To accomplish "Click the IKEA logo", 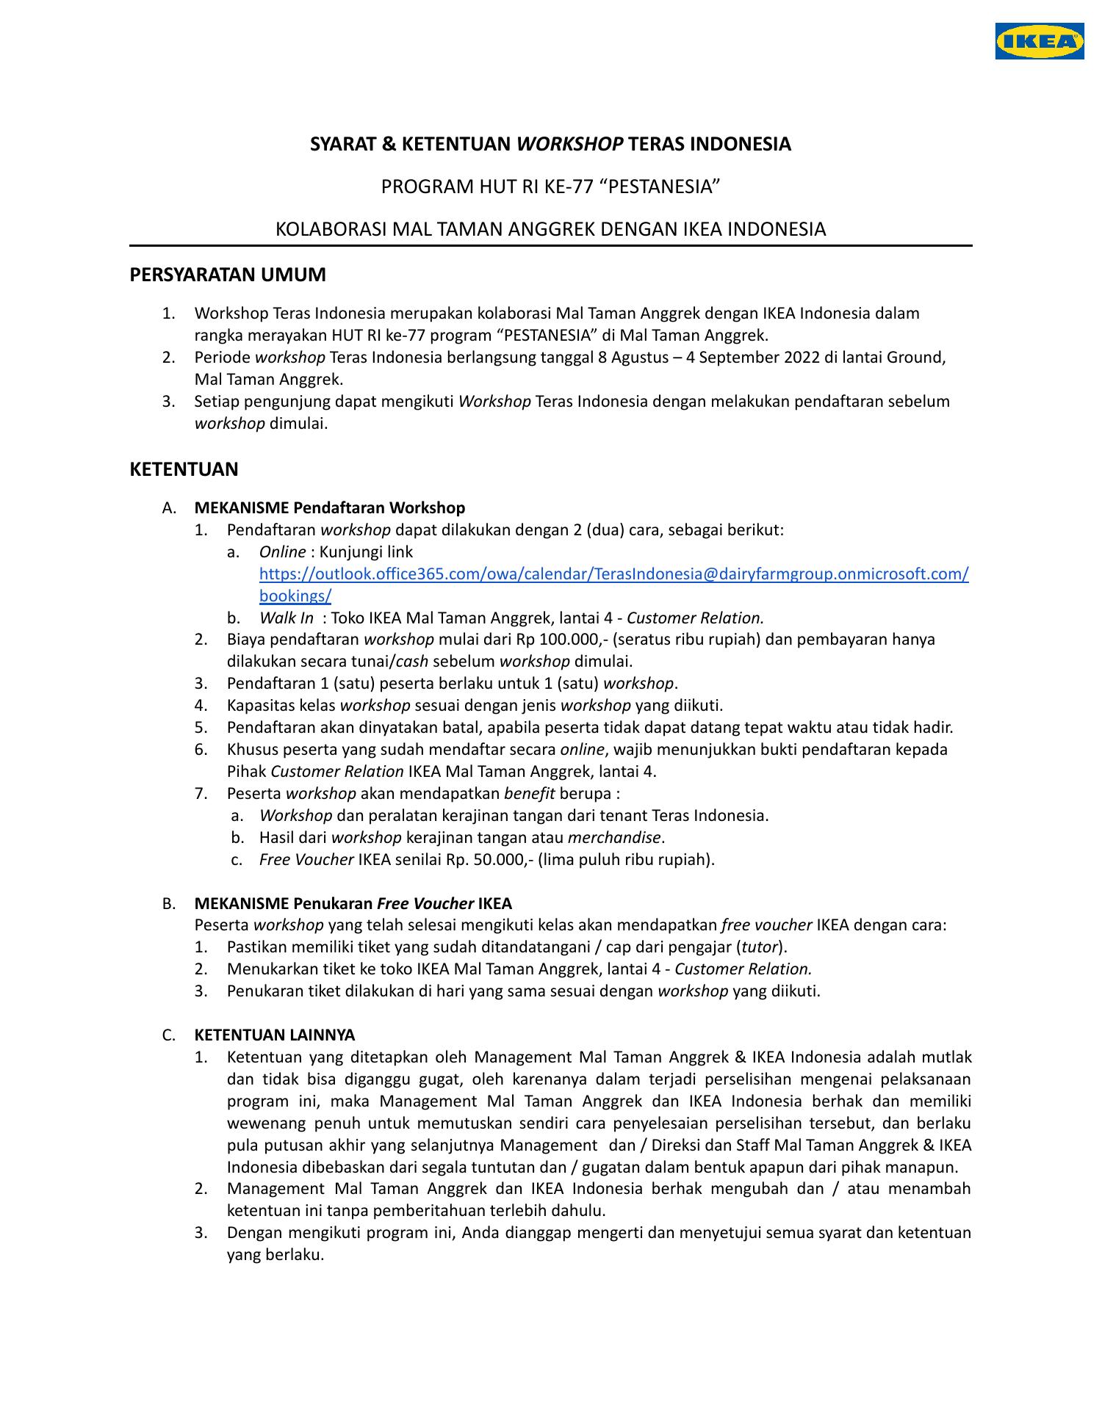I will tap(1040, 41).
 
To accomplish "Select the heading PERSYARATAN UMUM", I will tap(228, 275).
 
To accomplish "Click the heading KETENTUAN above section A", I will tap(184, 469).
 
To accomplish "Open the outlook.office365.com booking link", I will tap(613, 574).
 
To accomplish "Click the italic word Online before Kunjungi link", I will tap(282, 552).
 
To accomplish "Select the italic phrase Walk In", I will tap(287, 618).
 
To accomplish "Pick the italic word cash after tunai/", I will tap(412, 662).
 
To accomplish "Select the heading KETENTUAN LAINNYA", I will tap(274, 1035).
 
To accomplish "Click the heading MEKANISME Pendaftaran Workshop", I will tap(329, 508).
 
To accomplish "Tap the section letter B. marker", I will tap(168, 903).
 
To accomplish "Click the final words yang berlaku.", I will tap(275, 1255).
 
